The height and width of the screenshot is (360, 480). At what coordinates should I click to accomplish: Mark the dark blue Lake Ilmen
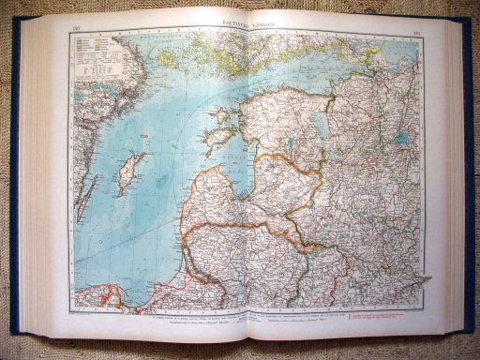point(401,139)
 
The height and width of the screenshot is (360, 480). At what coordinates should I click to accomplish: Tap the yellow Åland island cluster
point(173,60)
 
